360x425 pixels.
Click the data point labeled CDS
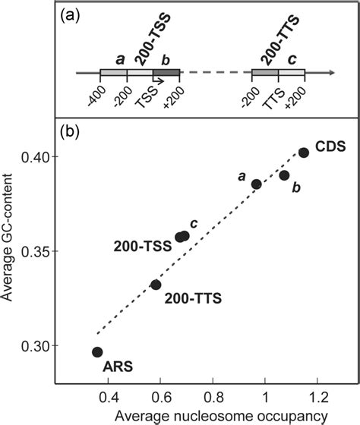click(x=303, y=153)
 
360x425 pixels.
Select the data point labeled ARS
click(x=97, y=352)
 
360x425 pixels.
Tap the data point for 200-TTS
click(x=156, y=285)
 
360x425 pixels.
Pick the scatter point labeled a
click(x=257, y=184)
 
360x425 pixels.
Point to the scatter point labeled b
click(x=284, y=175)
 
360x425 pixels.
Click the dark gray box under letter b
click(x=166, y=73)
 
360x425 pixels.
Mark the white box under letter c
click(x=291, y=73)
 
